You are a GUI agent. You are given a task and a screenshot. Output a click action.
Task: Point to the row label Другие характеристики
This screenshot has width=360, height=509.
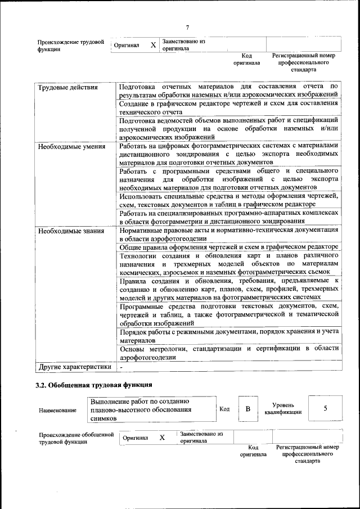74,367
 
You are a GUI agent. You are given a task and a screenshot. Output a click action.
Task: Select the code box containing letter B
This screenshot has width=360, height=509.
247,408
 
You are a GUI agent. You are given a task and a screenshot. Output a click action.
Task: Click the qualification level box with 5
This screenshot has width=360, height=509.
325,408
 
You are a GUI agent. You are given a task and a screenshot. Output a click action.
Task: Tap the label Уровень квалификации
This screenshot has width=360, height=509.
283,408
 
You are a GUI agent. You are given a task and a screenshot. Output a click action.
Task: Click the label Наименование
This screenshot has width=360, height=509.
57,411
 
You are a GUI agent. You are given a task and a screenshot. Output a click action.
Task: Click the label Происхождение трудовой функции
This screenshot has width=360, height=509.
70,46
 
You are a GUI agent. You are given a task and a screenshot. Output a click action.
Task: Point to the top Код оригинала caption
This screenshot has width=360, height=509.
246,59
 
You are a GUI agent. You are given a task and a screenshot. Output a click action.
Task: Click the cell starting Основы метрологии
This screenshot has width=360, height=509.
228,353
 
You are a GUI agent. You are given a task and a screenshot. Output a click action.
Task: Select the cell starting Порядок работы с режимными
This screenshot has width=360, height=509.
228,336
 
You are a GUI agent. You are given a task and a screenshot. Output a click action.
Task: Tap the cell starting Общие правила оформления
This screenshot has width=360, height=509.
228,247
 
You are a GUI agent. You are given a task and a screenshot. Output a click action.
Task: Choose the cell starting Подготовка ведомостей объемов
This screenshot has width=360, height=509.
228,128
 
